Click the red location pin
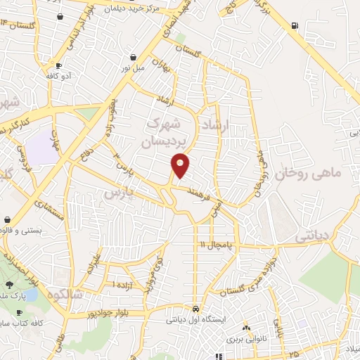[x=181, y=165]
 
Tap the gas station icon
[x=292, y=27]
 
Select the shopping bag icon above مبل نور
[x=134, y=58]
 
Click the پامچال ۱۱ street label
[x=212, y=245]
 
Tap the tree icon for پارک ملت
[x=11, y=285]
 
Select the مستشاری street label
[x=53, y=212]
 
